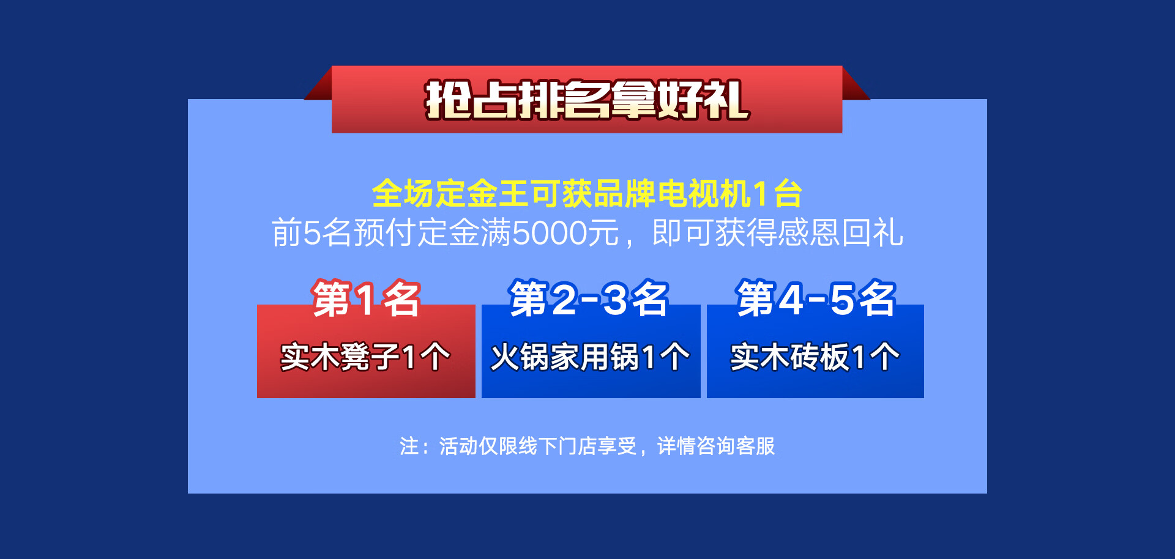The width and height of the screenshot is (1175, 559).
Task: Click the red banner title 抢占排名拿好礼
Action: [x=587, y=100]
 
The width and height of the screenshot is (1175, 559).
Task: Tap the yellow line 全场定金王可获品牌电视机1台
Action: [x=587, y=194]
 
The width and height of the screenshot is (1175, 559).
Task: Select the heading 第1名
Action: [x=366, y=299]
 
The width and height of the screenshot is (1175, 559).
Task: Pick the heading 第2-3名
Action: [x=589, y=299]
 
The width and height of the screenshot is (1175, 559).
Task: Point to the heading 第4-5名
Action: [x=816, y=299]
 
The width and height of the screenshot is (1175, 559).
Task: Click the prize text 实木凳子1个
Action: [x=365, y=357]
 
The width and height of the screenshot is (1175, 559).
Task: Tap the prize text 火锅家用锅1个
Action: [x=590, y=357]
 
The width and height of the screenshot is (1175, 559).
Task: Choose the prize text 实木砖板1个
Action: [x=815, y=357]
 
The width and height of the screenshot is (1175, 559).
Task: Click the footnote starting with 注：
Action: [x=587, y=446]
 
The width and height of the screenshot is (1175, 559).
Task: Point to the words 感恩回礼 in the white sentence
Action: [x=841, y=233]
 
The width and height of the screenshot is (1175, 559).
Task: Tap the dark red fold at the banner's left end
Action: [x=318, y=84]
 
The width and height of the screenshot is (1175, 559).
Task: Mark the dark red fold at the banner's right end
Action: [x=856, y=84]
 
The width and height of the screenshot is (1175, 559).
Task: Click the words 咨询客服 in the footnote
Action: [x=736, y=446]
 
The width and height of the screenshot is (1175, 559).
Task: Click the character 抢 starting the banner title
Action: [x=448, y=100]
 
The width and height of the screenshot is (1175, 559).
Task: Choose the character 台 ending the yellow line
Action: [x=788, y=194]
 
